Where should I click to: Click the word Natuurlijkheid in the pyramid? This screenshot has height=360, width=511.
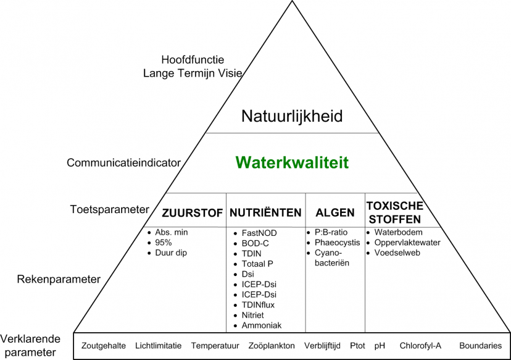point(292,116)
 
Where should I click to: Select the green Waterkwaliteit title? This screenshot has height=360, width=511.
point(292,162)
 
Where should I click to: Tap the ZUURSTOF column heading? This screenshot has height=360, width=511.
point(192,213)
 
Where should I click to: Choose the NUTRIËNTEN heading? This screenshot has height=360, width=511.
point(265,213)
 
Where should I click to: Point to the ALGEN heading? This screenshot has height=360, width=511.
point(335,213)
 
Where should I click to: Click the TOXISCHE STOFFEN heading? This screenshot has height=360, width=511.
point(394,212)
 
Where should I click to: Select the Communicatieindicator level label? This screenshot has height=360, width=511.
point(123,163)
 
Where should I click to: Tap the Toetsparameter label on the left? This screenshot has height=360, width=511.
point(109,209)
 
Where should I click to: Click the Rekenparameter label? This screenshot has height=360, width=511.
point(59,279)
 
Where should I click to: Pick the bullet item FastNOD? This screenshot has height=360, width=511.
point(259,233)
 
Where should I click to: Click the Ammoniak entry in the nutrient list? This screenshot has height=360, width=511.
point(262,325)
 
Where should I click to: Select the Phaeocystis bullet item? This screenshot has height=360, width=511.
point(337,243)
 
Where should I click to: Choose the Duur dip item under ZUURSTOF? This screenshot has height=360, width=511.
point(171,253)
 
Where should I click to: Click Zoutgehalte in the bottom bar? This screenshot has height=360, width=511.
point(104,346)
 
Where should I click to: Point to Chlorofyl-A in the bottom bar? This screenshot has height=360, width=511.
point(420,346)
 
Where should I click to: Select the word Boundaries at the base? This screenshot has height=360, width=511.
point(480,346)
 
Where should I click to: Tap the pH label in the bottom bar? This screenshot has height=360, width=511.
point(380,346)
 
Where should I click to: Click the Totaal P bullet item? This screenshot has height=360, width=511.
point(257,264)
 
